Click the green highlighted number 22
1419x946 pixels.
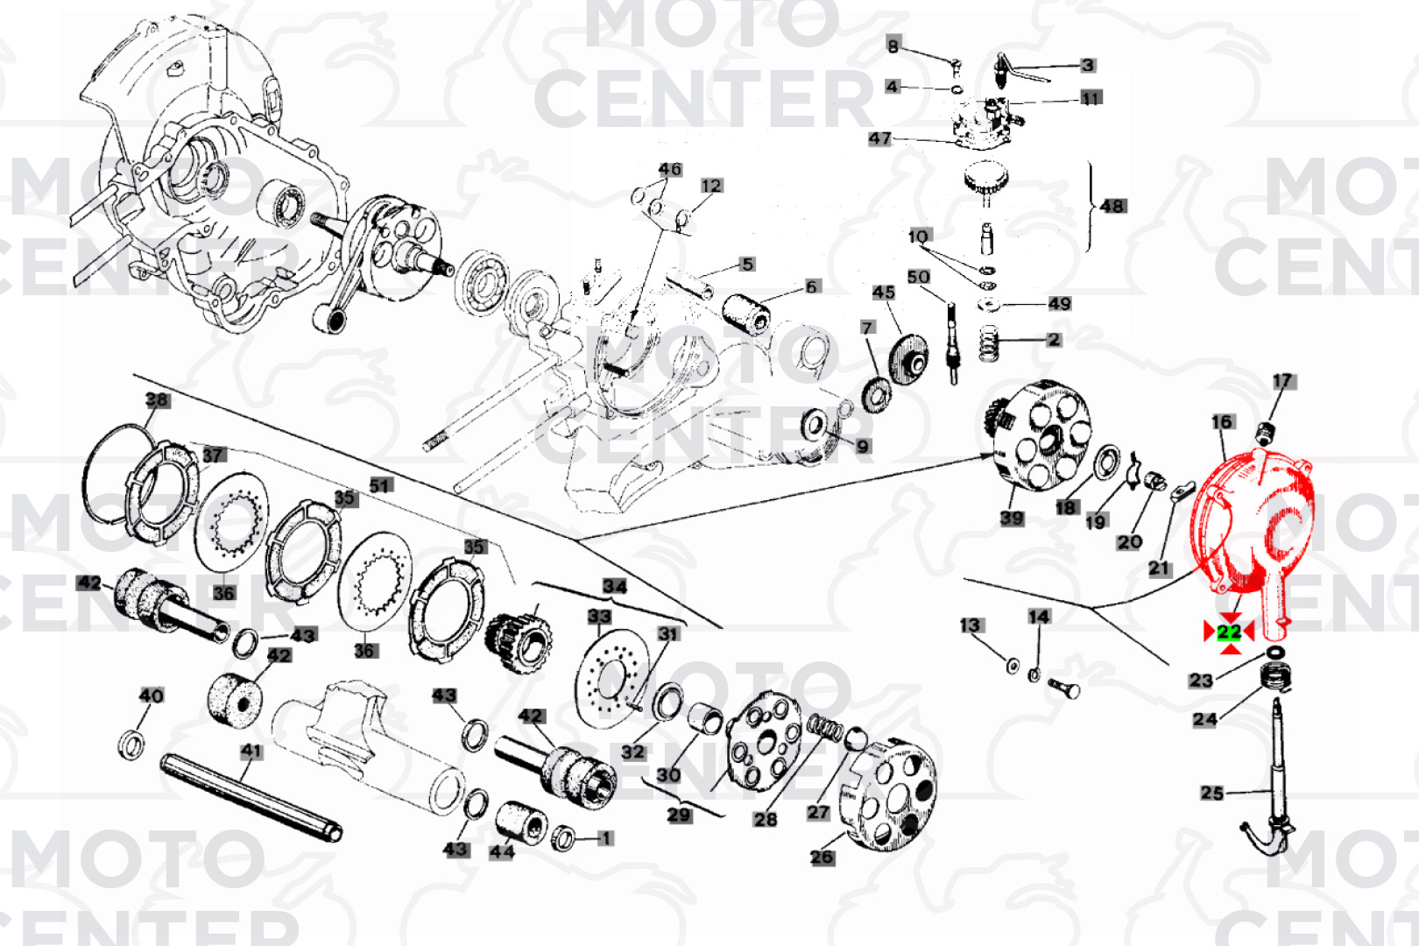(x=1229, y=632)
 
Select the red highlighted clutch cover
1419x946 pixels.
(x=1253, y=526)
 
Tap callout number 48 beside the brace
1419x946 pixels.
(x=1112, y=207)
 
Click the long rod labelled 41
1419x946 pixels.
(x=251, y=797)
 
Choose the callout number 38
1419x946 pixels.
(x=157, y=400)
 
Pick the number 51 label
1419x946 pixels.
(x=380, y=486)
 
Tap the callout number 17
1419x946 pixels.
(x=1282, y=381)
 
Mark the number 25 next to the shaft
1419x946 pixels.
(x=1211, y=793)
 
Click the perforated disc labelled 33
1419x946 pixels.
(x=613, y=674)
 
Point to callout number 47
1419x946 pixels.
(x=879, y=138)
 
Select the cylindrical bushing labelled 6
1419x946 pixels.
(x=747, y=313)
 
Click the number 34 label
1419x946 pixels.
(x=614, y=586)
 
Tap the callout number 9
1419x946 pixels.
(x=863, y=447)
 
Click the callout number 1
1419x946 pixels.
(x=605, y=838)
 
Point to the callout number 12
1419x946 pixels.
(x=710, y=186)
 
